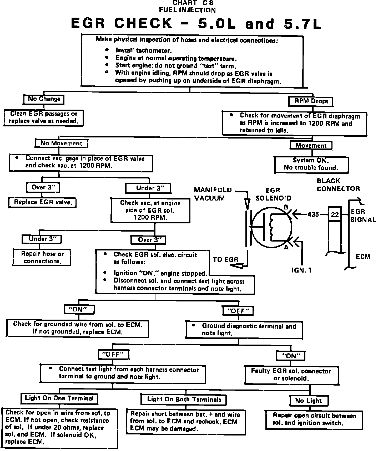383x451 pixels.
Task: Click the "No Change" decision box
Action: point(44,99)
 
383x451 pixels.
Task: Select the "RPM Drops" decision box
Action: point(311,101)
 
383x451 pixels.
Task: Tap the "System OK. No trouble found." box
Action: point(311,165)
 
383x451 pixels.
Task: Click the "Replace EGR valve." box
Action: point(42,202)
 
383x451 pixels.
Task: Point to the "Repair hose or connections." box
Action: point(42,258)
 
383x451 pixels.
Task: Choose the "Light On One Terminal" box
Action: point(59,398)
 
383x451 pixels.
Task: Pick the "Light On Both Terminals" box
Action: point(184,400)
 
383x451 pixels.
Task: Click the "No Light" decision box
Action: point(309,401)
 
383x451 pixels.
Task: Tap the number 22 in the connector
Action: point(335,215)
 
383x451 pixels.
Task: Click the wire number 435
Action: point(313,214)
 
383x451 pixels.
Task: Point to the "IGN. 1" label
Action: point(301,270)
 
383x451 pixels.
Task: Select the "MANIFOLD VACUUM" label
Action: point(213,194)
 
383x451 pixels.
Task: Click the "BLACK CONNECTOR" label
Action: point(338,185)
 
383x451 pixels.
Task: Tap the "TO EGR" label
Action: point(225,260)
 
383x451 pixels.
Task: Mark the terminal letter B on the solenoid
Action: point(286,207)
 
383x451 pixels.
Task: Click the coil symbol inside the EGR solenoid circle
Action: point(271,227)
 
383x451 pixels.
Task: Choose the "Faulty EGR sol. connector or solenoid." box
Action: point(291,375)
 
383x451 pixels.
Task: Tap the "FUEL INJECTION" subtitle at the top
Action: point(187,10)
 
